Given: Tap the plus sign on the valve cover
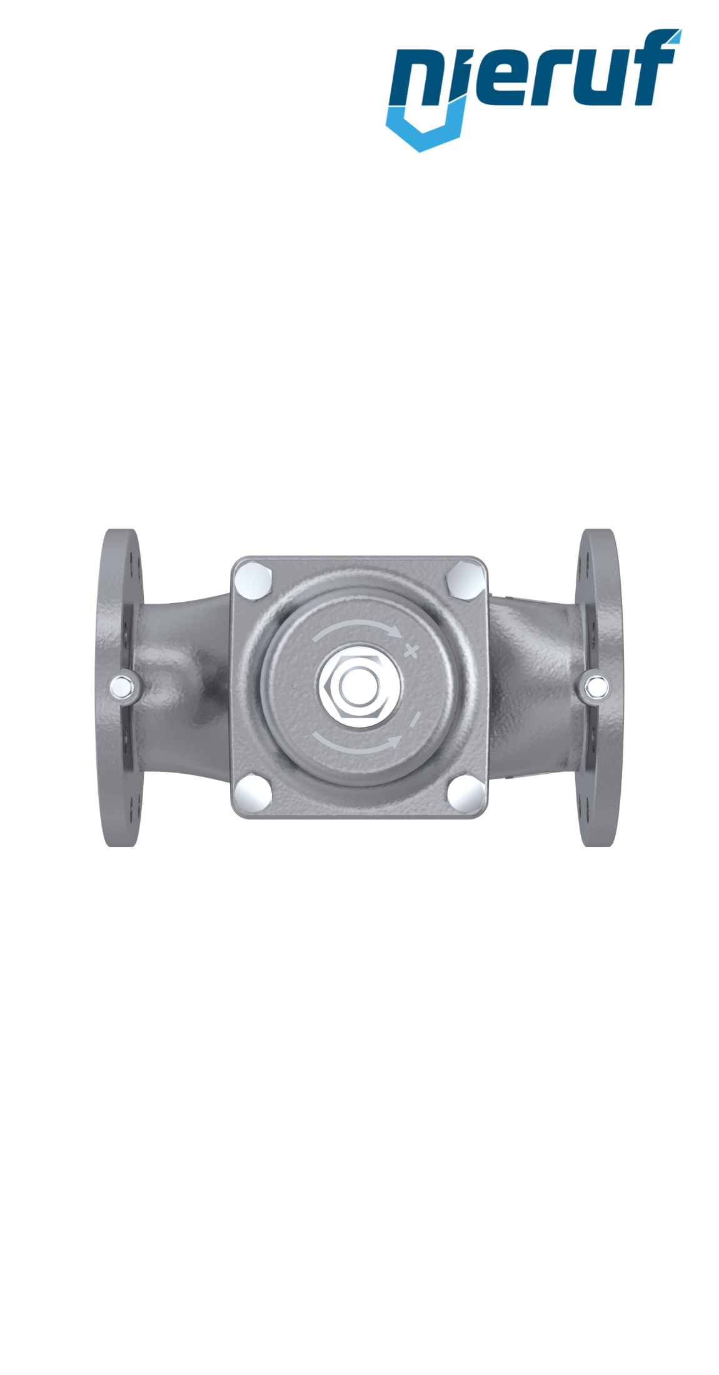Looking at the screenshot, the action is tap(411, 651).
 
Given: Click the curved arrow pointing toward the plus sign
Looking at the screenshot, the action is tap(356, 626).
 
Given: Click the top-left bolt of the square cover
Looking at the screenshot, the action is tap(253, 581).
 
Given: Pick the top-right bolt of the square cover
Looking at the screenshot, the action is tap(466, 580).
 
